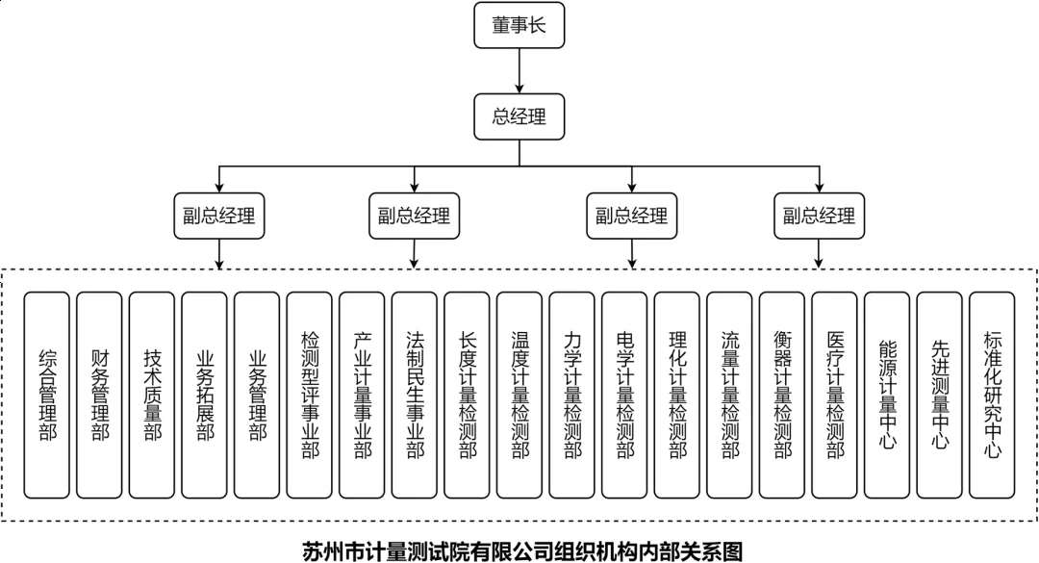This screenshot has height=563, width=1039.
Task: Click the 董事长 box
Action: click(x=519, y=26)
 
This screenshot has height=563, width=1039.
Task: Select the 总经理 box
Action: click(x=519, y=117)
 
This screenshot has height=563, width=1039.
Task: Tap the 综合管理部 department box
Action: click(x=47, y=396)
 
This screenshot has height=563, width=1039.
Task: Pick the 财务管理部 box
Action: click(x=100, y=396)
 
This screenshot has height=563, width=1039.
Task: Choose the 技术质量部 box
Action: click(x=152, y=396)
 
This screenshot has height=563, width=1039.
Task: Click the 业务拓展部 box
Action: click(x=205, y=396)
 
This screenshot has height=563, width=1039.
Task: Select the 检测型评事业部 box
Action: click(x=310, y=396)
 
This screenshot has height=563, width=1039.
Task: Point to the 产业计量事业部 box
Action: click(x=363, y=396)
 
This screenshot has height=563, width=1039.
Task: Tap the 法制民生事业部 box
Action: click(x=415, y=396)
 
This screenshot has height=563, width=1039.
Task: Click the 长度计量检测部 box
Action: click(x=468, y=396)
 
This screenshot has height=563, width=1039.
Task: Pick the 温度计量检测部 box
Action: click(x=520, y=396)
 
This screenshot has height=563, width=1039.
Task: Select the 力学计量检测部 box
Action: click(x=572, y=396)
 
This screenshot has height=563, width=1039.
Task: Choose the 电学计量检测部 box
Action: click(x=625, y=396)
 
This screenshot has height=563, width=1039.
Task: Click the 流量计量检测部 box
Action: click(x=730, y=396)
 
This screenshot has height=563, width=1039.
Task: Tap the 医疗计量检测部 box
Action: click(x=835, y=396)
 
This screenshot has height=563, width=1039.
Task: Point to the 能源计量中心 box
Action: click(x=887, y=396)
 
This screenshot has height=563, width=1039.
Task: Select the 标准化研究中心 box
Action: click(x=992, y=396)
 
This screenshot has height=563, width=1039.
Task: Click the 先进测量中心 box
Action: click(x=940, y=396)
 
